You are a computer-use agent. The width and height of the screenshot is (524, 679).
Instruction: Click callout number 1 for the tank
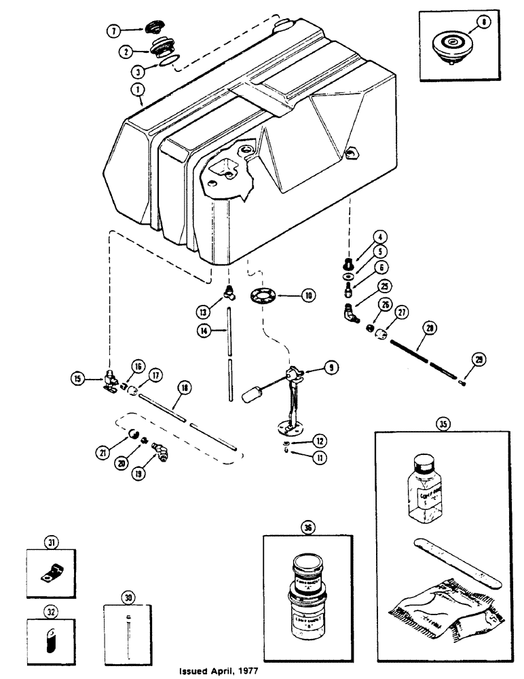pyautogui.click(x=138, y=88)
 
